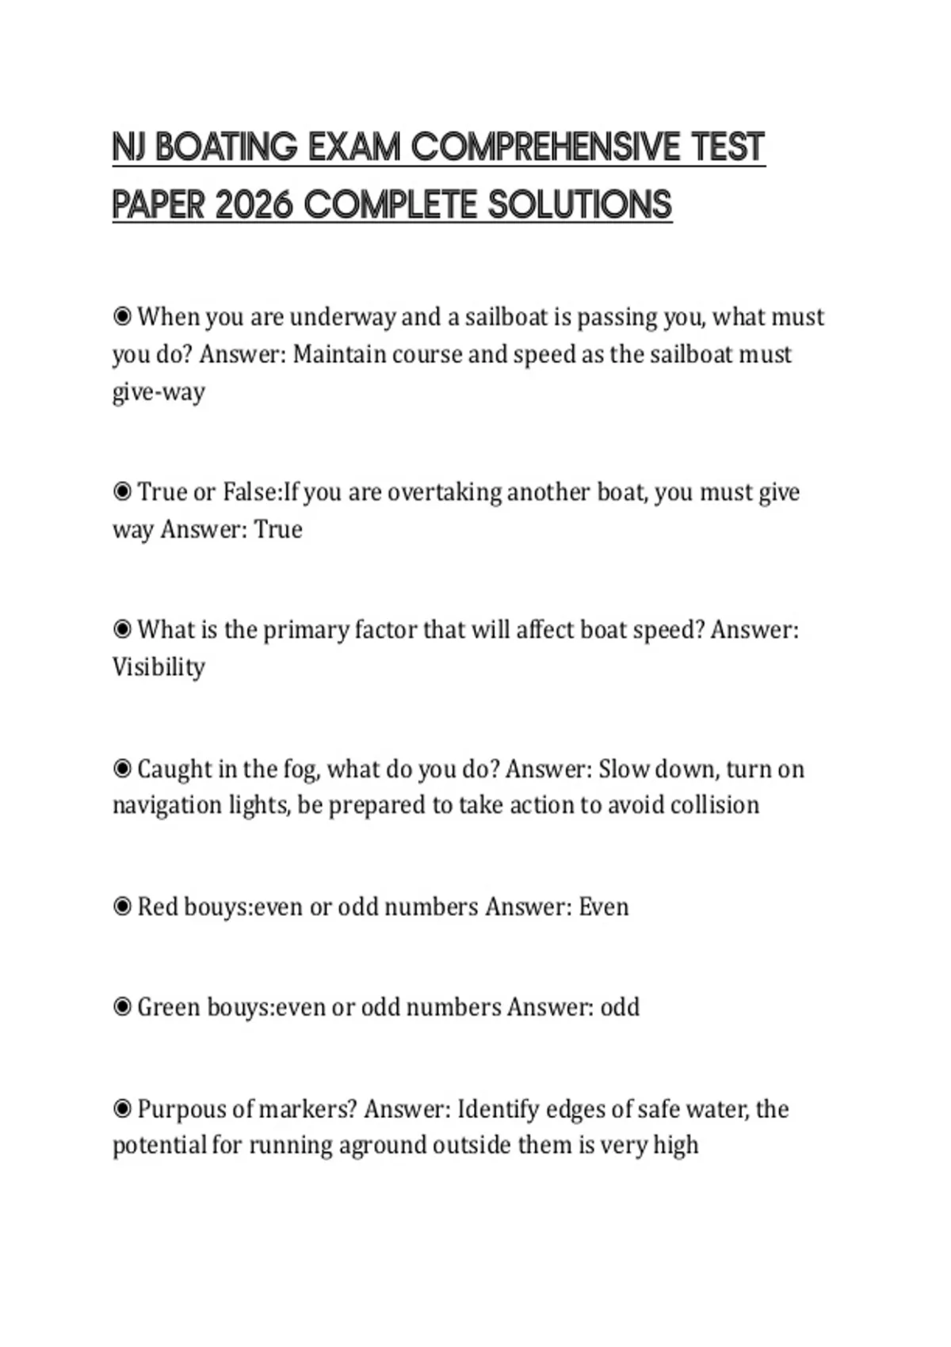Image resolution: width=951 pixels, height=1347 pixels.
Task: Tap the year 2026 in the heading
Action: click(x=254, y=205)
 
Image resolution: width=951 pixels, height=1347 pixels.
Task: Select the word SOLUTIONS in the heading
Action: click(x=579, y=205)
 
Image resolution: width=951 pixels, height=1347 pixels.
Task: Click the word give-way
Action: click(x=158, y=391)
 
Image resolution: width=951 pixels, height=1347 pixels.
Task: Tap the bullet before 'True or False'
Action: click(x=122, y=492)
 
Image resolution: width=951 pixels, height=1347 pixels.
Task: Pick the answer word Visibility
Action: click(x=158, y=667)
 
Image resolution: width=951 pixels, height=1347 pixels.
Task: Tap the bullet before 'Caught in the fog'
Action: click(x=122, y=769)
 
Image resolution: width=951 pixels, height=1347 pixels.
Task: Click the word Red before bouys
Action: click(x=158, y=906)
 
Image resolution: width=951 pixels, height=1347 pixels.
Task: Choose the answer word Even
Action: click(x=604, y=906)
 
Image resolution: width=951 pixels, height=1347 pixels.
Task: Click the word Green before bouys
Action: click(x=169, y=1007)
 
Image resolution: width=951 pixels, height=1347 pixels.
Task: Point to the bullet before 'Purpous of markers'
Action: click(x=122, y=1109)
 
